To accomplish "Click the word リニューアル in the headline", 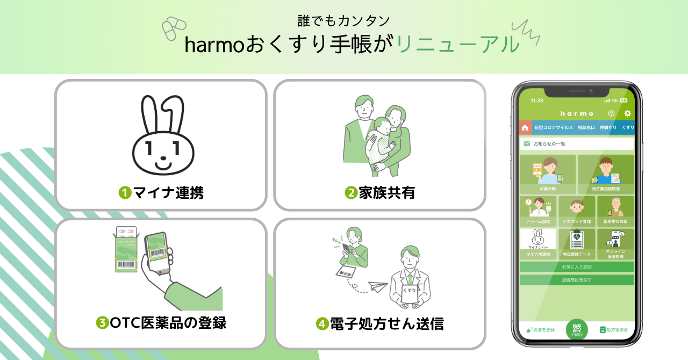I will (458, 45).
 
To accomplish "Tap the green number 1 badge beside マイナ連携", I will (125, 192).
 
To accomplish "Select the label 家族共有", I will (386, 192).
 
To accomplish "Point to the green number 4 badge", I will (322, 324).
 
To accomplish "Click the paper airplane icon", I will (379, 286).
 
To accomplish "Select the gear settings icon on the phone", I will (627, 113).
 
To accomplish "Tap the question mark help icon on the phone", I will (611, 113).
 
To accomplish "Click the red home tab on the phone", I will (525, 128).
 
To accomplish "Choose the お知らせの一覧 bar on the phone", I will (577, 144).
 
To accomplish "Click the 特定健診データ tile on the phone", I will (577, 244).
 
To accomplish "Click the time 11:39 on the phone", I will (536, 100).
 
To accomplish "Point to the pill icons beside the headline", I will (174, 28).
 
